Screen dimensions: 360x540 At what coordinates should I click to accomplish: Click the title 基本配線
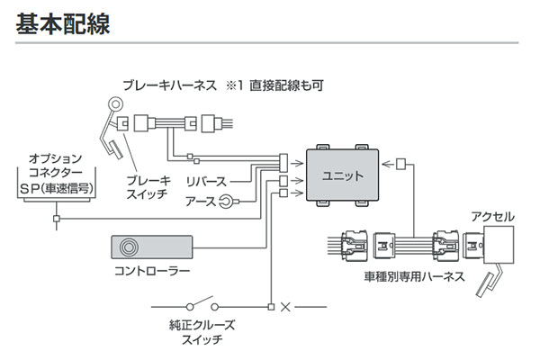[x=63, y=23]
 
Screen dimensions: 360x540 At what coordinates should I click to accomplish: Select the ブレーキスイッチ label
[x=148, y=186]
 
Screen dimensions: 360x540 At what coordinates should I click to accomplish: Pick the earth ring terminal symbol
[x=228, y=202]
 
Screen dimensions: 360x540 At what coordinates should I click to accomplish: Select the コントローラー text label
[x=151, y=271]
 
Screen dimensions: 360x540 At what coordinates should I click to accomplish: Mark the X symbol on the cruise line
[x=287, y=306]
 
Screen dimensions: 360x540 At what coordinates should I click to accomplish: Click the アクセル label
[x=492, y=217]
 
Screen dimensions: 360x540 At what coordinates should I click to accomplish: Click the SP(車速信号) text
[x=57, y=191]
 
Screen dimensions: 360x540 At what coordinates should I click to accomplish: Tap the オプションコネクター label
[x=56, y=163]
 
